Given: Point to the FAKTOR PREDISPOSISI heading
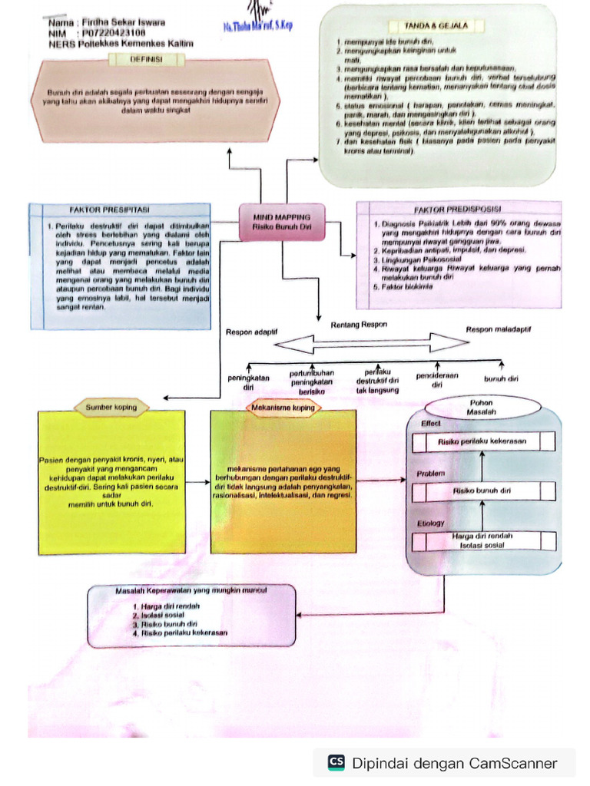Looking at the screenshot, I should pyautogui.click(x=458, y=209).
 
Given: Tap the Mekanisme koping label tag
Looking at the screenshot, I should pyautogui.click(x=283, y=408).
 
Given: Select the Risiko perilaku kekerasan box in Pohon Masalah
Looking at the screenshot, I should pyautogui.click(x=483, y=442).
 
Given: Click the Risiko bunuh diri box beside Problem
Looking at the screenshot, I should pyautogui.click(x=483, y=490).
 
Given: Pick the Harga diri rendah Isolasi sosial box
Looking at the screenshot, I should pyautogui.click(x=483, y=540).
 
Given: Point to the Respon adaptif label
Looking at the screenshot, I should pyautogui.click(x=251, y=332).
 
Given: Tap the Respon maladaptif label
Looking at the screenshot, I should pyautogui.click(x=499, y=329).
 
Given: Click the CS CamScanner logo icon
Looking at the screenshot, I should pyautogui.click(x=336, y=762).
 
